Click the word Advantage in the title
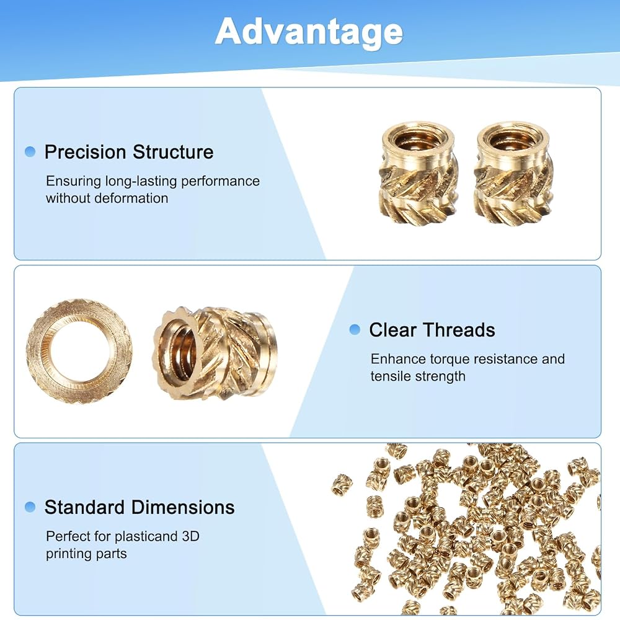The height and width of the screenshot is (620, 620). tap(309, 32)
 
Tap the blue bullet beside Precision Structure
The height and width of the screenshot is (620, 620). tap(30, 151)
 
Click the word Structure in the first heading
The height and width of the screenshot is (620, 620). tap(173, 152)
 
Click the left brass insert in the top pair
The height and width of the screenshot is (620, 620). tap(418, 172)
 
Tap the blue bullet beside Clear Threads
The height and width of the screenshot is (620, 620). tap(355, 329)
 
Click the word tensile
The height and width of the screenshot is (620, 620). tap(389, 376)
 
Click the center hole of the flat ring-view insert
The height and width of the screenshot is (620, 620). tap(79, 351)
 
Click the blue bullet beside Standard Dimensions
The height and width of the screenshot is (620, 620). tap(30, 507)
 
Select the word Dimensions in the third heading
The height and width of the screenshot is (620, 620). tap(183, 507)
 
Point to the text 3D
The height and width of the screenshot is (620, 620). tap(190, 536)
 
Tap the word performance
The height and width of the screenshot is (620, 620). tap(220, 182)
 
